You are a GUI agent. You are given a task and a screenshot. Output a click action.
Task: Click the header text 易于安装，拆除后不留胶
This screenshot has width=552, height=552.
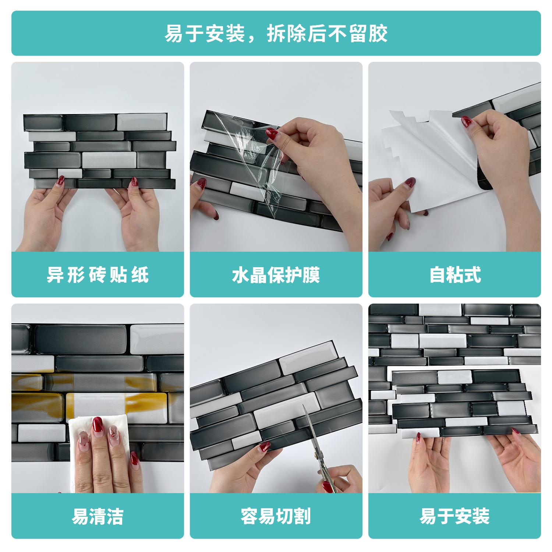pos(276,33)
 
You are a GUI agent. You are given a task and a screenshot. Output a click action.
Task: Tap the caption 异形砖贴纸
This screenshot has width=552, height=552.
pos(98,275)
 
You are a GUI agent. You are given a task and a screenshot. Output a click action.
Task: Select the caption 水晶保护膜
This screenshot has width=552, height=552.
pos(276,275)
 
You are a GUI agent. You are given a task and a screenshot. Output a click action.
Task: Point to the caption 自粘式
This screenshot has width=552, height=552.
pos(455,275)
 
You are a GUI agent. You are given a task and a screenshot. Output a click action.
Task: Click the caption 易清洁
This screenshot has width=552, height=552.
pos(98,516)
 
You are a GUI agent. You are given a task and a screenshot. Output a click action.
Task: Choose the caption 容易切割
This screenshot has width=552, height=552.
pos(276,516)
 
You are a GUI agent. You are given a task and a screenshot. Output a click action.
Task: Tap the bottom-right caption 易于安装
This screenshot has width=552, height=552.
pos(455,516)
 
